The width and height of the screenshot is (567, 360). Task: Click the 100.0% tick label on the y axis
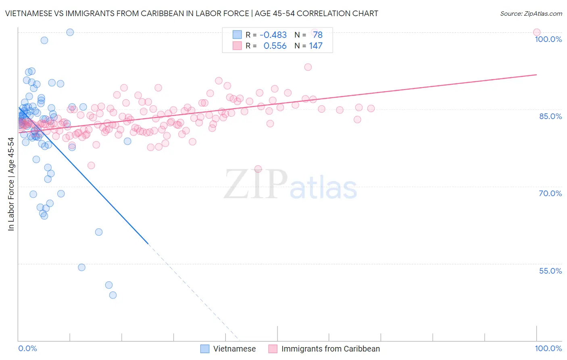pyautogui.click(x=548, y=39)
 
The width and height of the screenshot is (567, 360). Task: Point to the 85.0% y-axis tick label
pyautogui.click(x=550, y=116)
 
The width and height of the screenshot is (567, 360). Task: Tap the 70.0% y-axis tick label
pyautogui.click(x=550, y=193)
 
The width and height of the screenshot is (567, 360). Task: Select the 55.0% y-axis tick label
pyautogui.click(x=550, y=271)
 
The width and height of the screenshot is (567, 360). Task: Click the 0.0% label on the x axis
pyautogui.click(x=27, y=348)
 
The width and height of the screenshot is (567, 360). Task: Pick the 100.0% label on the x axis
pyautogui.click(x=548, y=348)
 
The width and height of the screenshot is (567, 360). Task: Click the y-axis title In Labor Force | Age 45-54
pyautogui.click(x=11, y=184)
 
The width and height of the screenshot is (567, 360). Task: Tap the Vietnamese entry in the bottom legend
pyautogui.click(x=234, y=349)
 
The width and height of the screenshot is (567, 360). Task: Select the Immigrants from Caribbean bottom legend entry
pyautogui.click(x=330, y=349)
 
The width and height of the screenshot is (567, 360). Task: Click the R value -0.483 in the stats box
pyautogui.click(x=273, y=35)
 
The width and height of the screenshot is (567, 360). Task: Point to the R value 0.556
pyautogui.click(x=275, y=46)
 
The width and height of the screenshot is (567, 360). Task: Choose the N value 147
pyautogui.click(x=316, y=46)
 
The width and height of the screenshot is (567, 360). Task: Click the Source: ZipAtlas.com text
pyautogui.click(x=531, y=13)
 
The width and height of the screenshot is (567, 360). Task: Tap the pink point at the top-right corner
pyautogui.click(x=536, y=32)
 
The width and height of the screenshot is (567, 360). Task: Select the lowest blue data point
pyautogui.click(x=113, y=295)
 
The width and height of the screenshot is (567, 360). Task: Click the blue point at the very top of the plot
pyautogui.click(x=70, y=32)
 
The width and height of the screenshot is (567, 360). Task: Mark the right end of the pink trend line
pyautogui.click(x=537, y=75)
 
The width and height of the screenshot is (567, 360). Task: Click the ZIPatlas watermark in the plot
pyautogui.click(x=290, y=184)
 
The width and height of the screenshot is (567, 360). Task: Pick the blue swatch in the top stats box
pyautogui.click(x=237, y=35)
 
